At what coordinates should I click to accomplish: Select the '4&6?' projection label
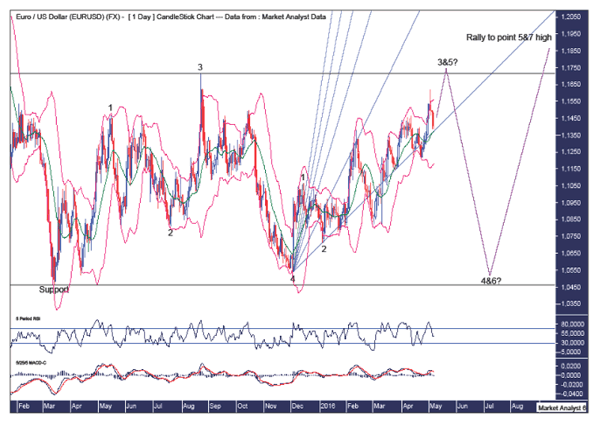[490, 281]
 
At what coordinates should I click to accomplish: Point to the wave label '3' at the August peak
[200, 67]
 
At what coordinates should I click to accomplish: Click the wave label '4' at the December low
[293, 279]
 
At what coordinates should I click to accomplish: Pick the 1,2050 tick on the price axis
[572, 16]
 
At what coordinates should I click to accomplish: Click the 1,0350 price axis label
[572, 303]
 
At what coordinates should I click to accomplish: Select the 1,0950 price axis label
[572, 202]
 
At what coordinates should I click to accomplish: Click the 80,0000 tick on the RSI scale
[572, 324]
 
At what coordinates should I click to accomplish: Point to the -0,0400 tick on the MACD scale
[572, 392]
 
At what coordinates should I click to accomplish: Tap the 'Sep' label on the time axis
[214, 405]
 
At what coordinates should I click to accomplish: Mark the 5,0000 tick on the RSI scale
[572, 351]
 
